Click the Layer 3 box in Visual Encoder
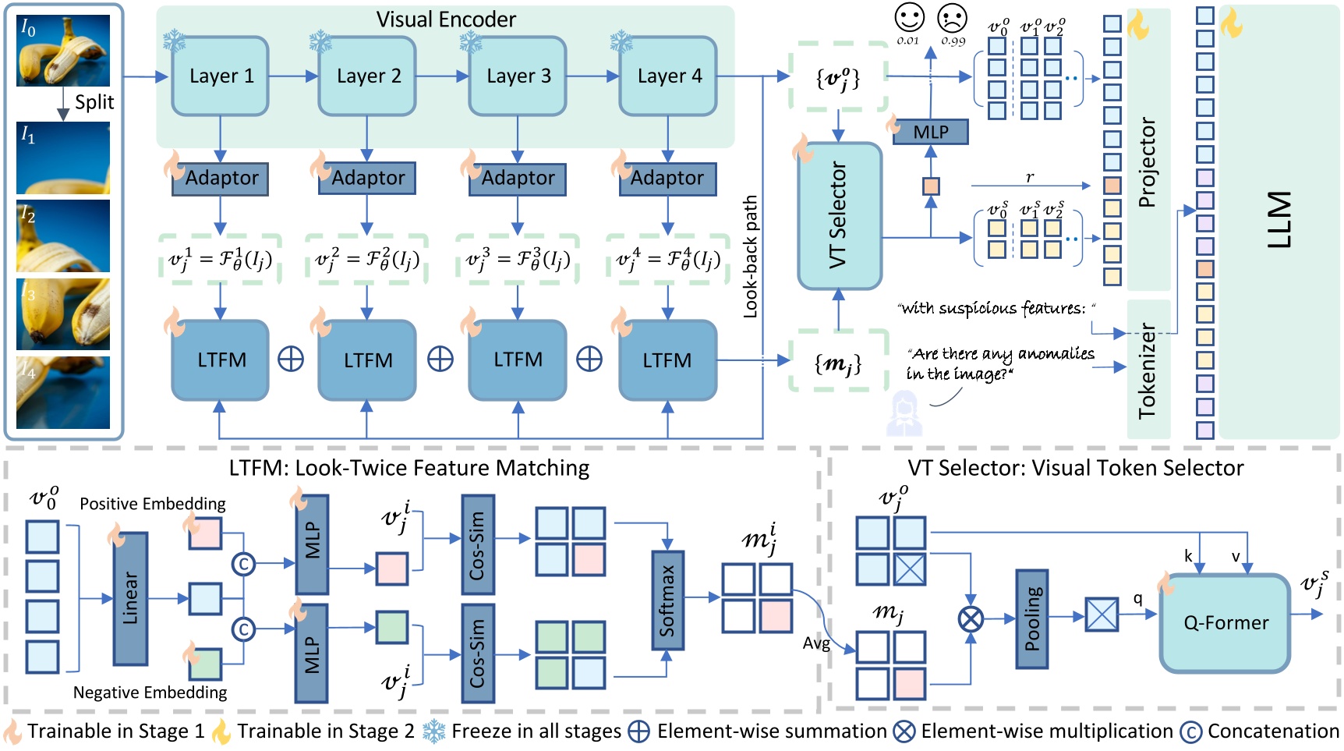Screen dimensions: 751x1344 pyautogui.click(x=518, y=76)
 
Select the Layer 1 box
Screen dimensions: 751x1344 pyautogui.click(x=221, y=76)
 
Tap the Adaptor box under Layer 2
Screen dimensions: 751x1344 pyautogui.click(x=367, y=178)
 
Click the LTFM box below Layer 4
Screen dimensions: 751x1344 pyautogui.click(x=667, y=360)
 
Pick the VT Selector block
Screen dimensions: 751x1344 pyautogui.click(x=840, y=215)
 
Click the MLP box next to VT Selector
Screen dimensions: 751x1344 pyautogui.click(x=930, y=132)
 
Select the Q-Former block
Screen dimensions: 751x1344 pyautogui.click(x=1226, y=622)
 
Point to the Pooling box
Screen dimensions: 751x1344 pyautogui.click(x=1032, y=618)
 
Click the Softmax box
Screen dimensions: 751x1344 pyautogui.click(x=667, y=600)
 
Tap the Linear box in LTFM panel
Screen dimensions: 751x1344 pyautogui.click(x=130, y=599)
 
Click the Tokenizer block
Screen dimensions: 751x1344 pyautogui.click(x=1148, y=370)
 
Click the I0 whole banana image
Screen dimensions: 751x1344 pyautogui.click(x=64, y=51)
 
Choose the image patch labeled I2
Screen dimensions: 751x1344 pyautogui.click(x=64, y=235)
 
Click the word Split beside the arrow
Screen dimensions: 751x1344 pyautogui.click(x=94, y=102)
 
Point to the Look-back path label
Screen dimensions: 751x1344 pyautogui.click(x=750, y=256)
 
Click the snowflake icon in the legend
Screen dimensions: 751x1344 pyautogui.click(x=434, y=732)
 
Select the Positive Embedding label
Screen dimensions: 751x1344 pyautogui.click(x=153, y=504)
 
